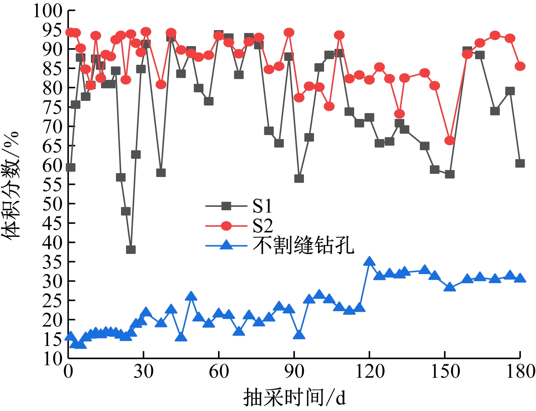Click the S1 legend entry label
262,206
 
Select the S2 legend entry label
263,226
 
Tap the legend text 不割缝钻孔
303,245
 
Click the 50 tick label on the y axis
52,204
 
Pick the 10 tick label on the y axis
52,359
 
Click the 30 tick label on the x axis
143,372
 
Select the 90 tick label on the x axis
294,372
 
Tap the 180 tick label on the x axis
520,372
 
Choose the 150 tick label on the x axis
445,372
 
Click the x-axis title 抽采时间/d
294,397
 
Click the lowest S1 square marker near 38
131,250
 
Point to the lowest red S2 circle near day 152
449,141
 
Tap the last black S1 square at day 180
520,163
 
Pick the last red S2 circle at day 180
520,66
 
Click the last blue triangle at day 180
520,278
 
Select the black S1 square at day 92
299,178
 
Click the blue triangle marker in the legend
226,245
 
